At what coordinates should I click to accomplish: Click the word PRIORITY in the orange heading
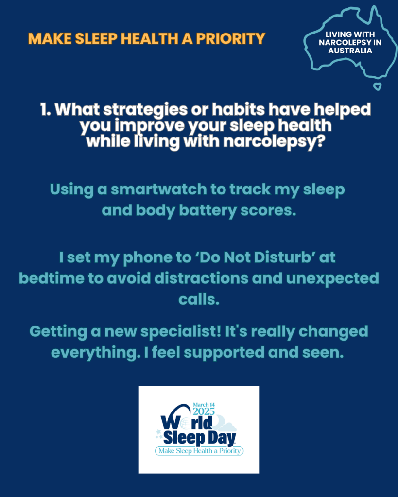pyautogui.click(x=230, y=39)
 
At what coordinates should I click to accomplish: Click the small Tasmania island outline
pyautogui.click(x=377, y=86)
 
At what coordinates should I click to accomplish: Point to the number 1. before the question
pyautogui.click(x=45, y=109)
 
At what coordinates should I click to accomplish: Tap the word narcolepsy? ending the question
pyautogui.click(x=274, y=141)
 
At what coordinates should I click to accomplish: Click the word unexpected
pyautogui.click(x=332, y=278)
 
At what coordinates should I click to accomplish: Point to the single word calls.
pyautogui.click(x=199, y=299)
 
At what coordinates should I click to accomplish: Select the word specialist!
pyautogui.click(x=180, y=332)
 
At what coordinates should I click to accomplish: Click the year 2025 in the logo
pyautogui.click(x=204, y=411)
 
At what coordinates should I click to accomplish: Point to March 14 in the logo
pyautogui.click(x=204, y=404)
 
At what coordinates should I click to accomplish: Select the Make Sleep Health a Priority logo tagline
pyautogui.click(x=199, y=451)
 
